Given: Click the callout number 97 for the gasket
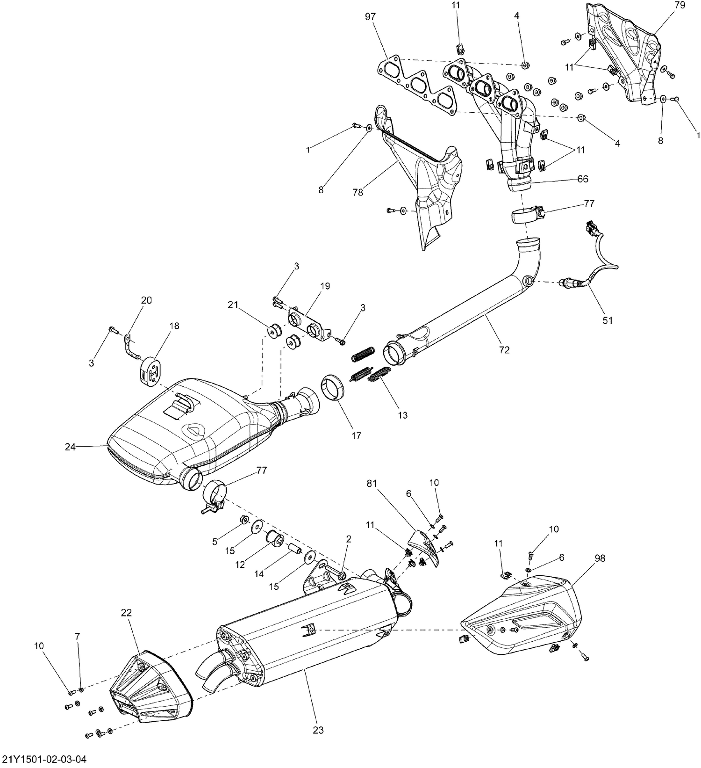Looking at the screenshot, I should tap(370, 17).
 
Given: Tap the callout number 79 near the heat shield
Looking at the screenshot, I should tap(680, 6).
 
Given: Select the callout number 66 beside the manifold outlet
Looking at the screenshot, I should tap(582, 179).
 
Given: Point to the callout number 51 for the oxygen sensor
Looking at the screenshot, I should tap(608, 320).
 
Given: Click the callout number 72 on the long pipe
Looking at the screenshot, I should tap(504, 349).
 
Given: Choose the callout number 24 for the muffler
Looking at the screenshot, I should tap(70, 447).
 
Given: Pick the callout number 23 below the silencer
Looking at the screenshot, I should tap(319, 730).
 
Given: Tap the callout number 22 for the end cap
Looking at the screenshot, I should tap(126, 613).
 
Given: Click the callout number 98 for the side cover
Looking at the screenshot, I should tap(600, 558).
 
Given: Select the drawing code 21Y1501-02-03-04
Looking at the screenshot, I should tap(44, 758).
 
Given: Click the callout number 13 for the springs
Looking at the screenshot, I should tap(402, 415).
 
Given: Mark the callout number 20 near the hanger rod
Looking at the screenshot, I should tap(146, 300).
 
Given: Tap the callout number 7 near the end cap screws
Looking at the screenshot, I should tap(78, 636).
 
